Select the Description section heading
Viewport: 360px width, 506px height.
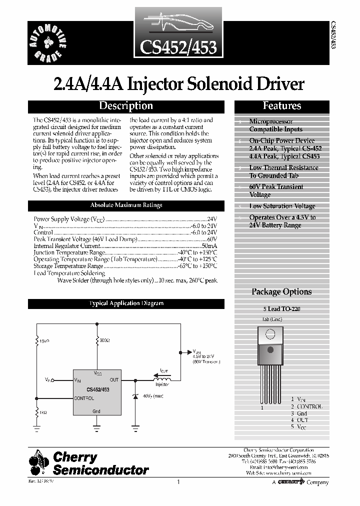pos(125,106)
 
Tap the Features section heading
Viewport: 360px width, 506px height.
pos(282,106)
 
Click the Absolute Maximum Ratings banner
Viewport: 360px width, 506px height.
pos(125,205)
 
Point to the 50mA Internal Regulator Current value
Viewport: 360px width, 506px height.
pos(209,246)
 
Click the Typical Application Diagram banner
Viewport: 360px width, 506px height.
pos(125,303)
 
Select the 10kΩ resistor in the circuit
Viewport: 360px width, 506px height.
pos(36,341)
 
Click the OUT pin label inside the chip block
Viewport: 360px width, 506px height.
pos(114,380)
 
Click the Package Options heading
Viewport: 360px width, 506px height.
pos(281,292)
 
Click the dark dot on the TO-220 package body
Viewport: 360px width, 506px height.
pos(269,349)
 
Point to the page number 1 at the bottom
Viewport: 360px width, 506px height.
pos(178,482)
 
